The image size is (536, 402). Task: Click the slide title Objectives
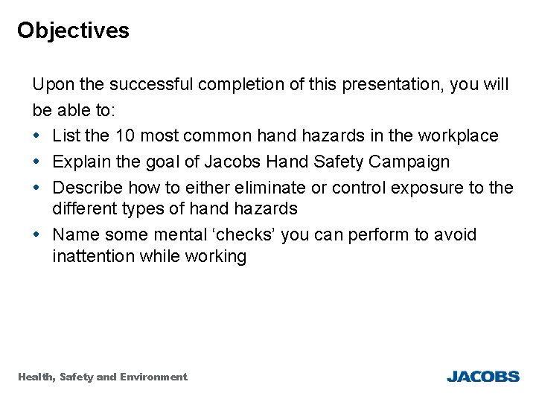point(73,31)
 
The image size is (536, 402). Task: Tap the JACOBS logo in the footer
point(482,377)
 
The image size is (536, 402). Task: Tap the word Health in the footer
point(35,377)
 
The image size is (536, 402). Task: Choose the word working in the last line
point(215,257)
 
